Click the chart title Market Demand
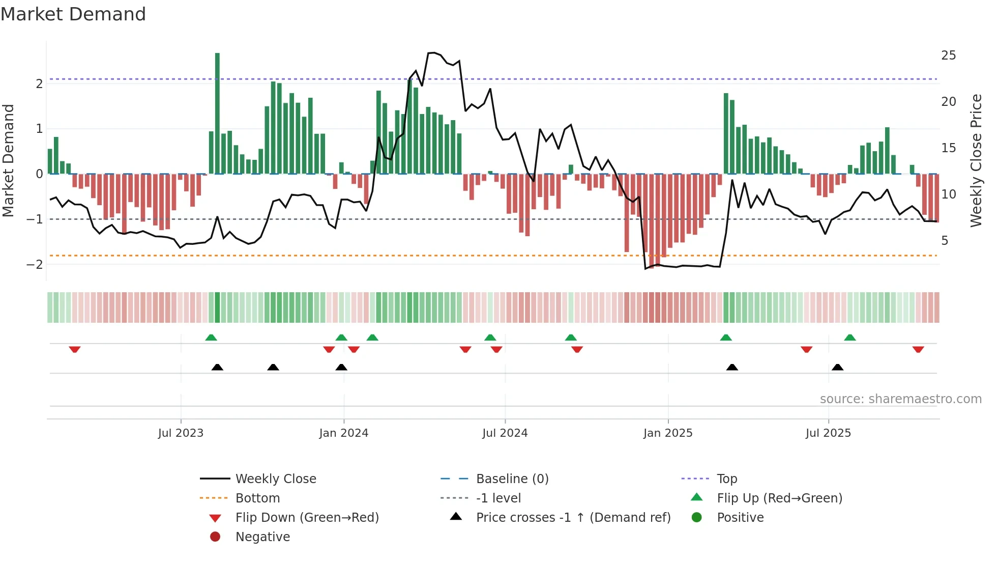point(73,14)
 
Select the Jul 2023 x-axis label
point(181,433)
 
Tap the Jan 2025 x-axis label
point(667,433)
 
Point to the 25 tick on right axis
point(948,55)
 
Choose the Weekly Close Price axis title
point(976,160)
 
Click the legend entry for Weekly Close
point(275,479)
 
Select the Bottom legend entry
point(257,498)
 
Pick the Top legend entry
point(726,479)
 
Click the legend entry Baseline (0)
point(512,479)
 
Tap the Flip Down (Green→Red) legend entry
point(307,517)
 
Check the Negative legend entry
point(262,537)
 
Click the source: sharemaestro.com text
point(900,399)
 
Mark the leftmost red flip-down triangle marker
point(75,349)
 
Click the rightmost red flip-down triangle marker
point(918,349)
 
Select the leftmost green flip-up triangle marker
point(211,338)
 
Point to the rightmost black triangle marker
point(837,367)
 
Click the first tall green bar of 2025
point(726,133)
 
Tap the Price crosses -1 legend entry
point(573,517)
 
